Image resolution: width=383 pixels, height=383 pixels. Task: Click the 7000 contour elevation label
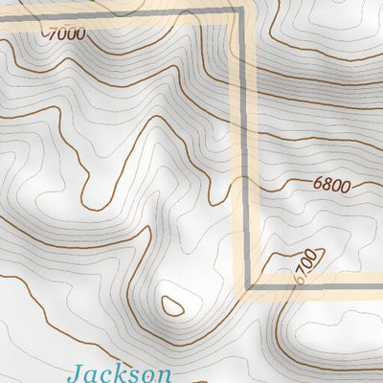coord(65,34)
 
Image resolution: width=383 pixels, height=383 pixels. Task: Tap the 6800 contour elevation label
coord(331,185)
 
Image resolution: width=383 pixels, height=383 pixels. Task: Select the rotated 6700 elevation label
coord(305,265)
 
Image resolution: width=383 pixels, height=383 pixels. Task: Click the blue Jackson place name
coord(121,372)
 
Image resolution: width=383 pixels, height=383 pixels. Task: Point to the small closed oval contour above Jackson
coord(173,304)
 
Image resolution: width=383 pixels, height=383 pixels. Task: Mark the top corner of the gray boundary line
coord(240,11)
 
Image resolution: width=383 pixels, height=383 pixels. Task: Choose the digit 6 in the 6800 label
coord(317,184)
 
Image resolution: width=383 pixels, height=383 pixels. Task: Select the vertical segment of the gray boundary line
coord(244,144)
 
